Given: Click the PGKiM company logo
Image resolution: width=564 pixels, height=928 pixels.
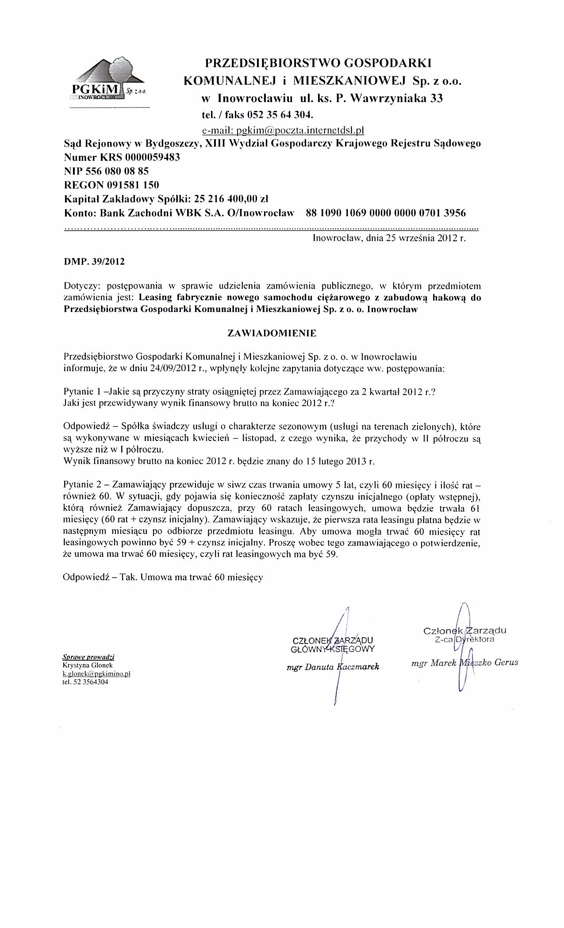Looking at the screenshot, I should coord(108,82).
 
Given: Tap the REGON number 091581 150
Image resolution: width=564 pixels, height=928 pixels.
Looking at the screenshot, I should coord(133,185).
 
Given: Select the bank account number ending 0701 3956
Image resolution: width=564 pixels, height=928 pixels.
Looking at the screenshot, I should coord(386,213).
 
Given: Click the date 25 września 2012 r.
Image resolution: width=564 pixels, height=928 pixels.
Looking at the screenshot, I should coord(426,239).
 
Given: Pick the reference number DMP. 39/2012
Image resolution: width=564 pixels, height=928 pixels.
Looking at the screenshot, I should coord(94,262).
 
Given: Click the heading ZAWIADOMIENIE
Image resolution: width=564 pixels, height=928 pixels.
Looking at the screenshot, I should coord(272,334).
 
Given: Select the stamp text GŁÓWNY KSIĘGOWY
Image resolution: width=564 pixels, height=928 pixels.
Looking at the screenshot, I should coord(332,649).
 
